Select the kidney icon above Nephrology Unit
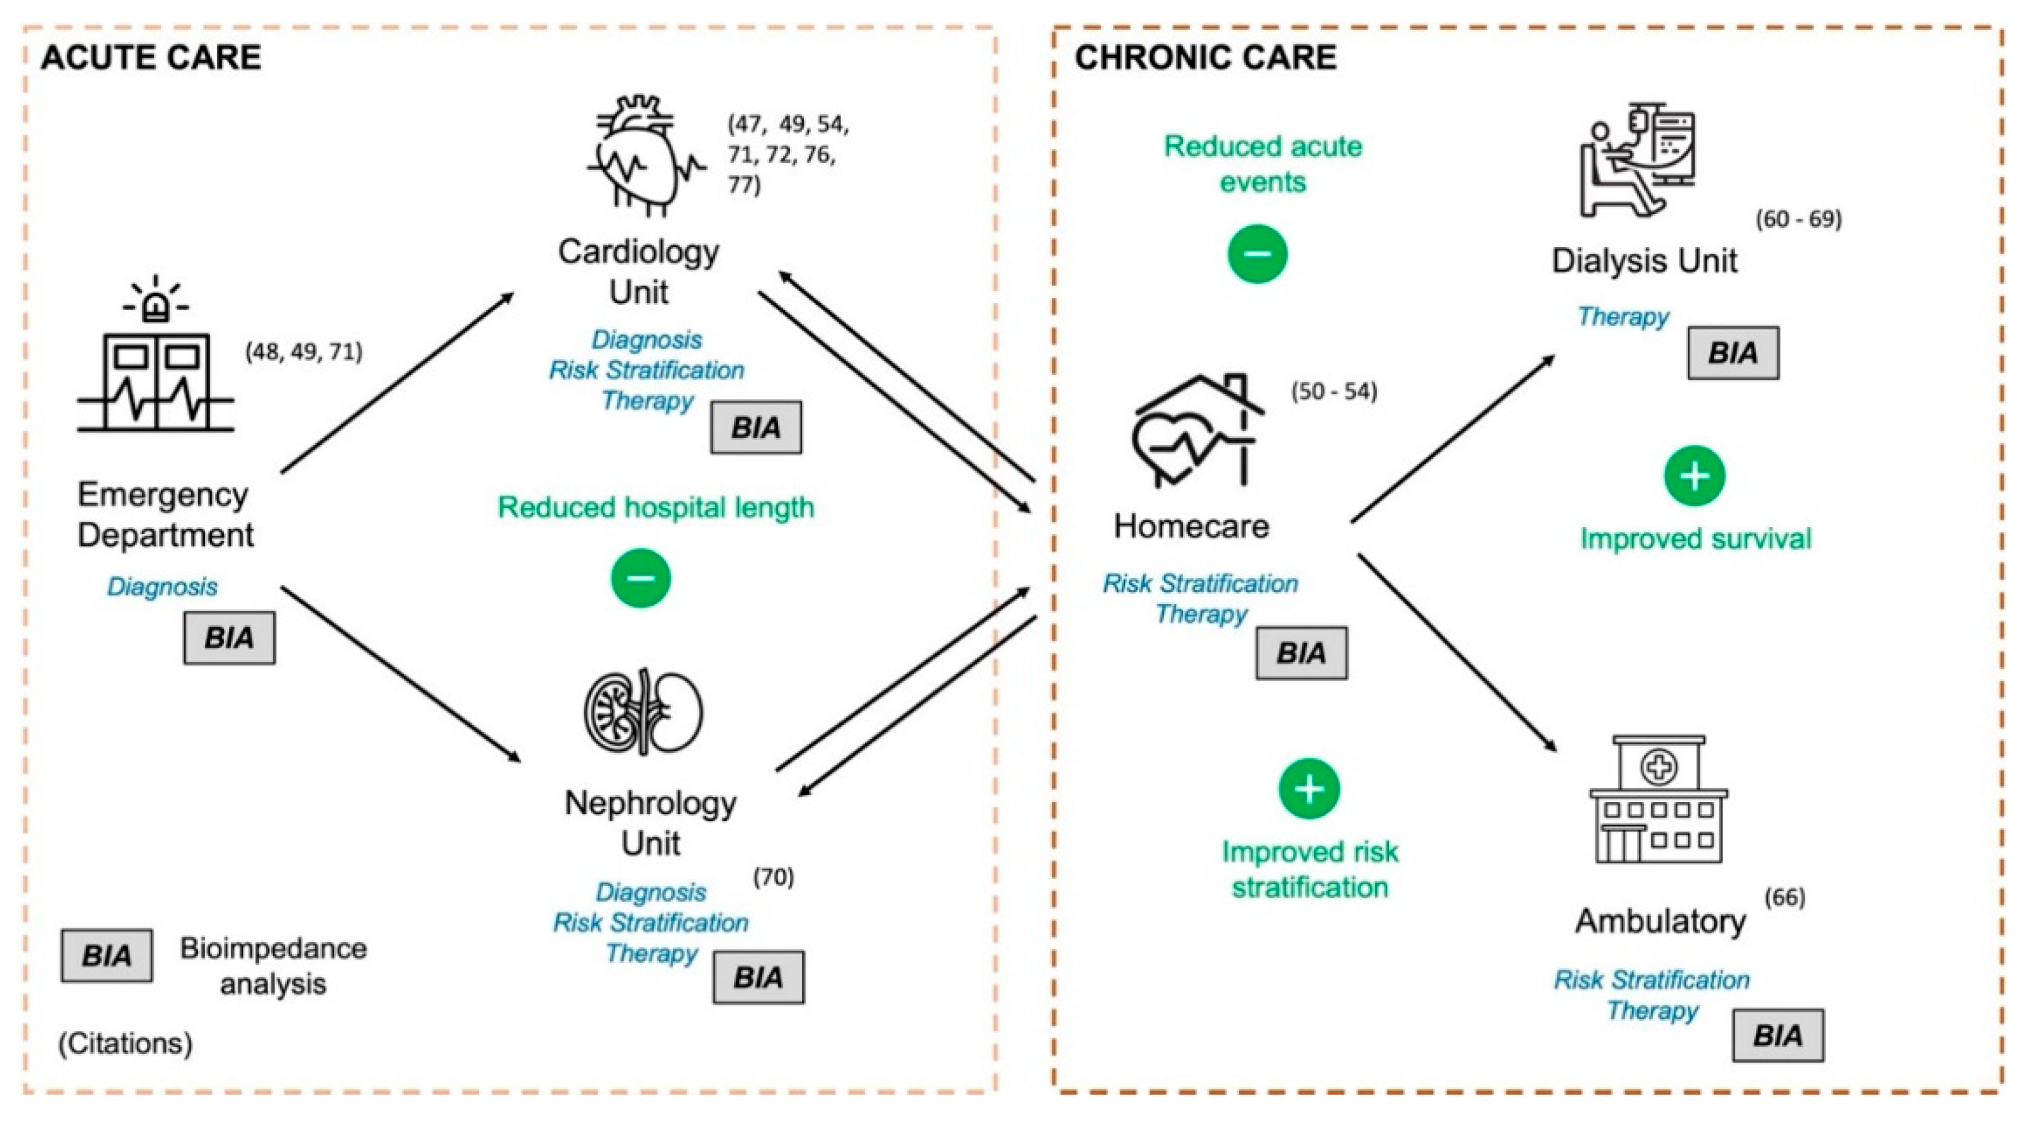pyautogui.click(x=643, y=712)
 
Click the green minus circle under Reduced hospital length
pyautogui.click(x=641, y=578)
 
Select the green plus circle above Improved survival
pyautogui.click(x=1694, y=476)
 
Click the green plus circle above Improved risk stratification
pyautogui.click(x=1309, y=788)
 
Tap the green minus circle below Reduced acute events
pyautogui.click(x=1257, y=254)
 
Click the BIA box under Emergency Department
pyautogui.click(x=229, y=638)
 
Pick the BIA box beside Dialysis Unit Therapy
pyautogui.click(x=1733, y=353)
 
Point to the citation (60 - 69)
pyautogui.click(x=1798, y=220)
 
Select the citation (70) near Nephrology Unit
pyautogui.click(x=773, y=876)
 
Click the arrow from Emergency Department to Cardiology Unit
pyautogui.click(x=397, y=383)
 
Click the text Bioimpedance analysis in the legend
pyautogui.click(x=273, y=966)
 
